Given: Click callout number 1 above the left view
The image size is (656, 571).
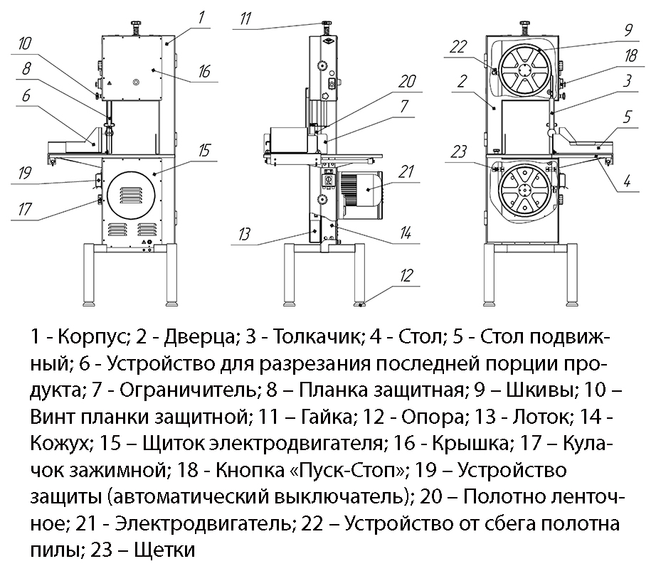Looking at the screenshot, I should coord(201,15).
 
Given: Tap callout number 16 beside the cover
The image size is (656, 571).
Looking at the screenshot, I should coord(204,71).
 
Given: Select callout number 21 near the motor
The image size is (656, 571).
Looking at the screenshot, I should coord(406,171).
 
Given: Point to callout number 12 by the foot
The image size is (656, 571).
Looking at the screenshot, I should coord(406,274).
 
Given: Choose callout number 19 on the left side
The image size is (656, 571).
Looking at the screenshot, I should coord(23,173).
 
